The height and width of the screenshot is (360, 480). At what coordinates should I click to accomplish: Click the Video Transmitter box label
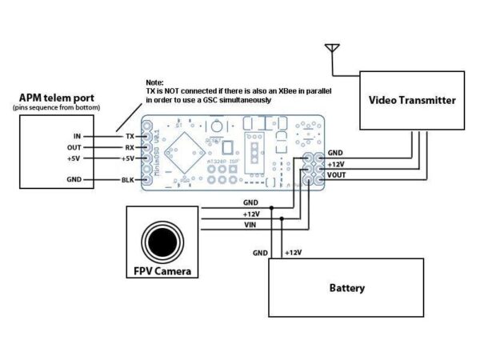(x=412, y=101)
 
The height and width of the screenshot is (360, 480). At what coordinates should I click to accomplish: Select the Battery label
(x=346, y=288)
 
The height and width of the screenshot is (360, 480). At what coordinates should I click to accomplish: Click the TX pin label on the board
(x=130, y=137)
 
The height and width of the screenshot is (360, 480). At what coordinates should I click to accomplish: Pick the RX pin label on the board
(x=130, y=148)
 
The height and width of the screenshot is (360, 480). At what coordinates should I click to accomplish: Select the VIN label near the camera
(x=250, y=225)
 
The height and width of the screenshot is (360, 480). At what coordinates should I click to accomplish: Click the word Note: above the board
(x=155, y=83)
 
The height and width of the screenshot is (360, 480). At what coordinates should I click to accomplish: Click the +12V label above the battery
(x=293, y=253)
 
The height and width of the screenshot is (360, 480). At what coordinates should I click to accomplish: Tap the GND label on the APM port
(x=72, y=180)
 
